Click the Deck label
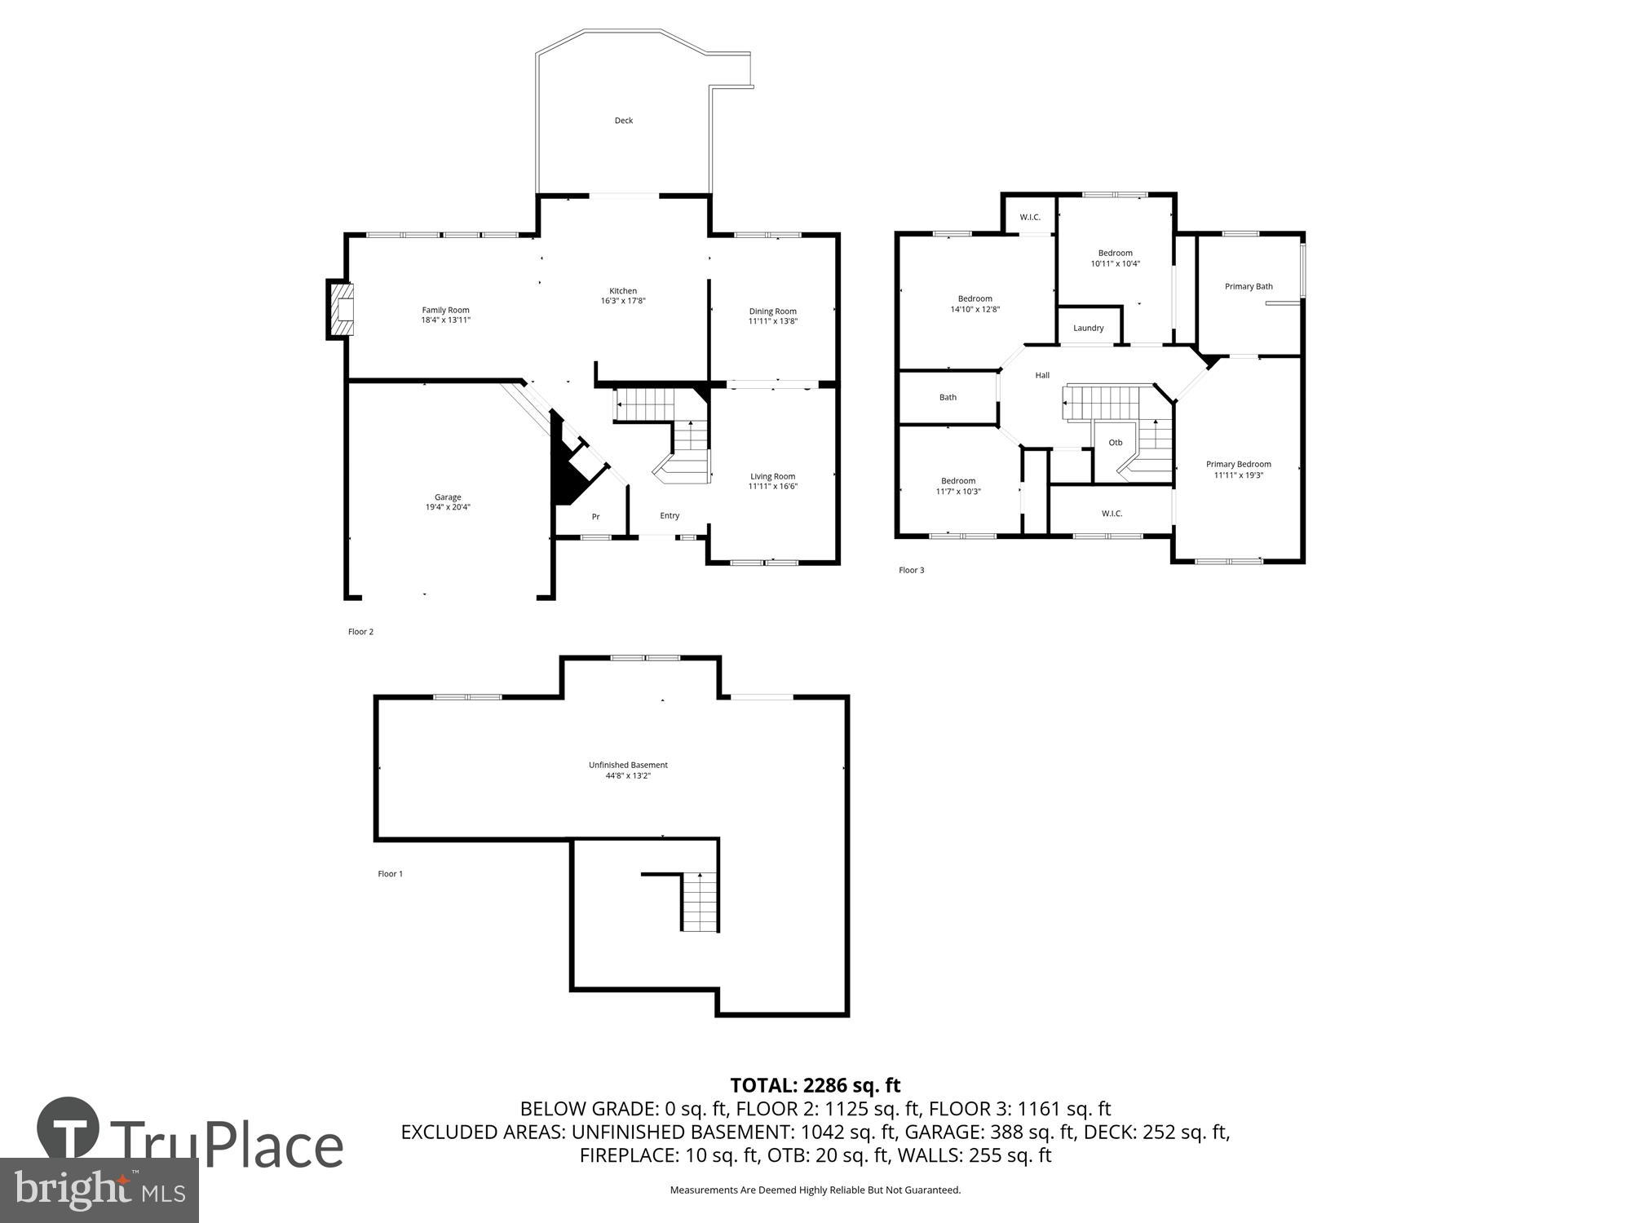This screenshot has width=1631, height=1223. (x=624, y=121)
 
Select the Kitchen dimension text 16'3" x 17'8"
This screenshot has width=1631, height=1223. (x=623, y=301)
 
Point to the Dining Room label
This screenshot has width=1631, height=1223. (x=772, y=311)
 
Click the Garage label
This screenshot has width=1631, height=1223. (x=448, y=497)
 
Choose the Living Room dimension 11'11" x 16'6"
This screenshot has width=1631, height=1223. (x=772, y=487)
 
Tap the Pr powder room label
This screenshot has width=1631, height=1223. (x=595, y=517)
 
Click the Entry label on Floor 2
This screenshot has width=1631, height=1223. (x=670, y=515)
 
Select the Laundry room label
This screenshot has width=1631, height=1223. (x=1088, y=328)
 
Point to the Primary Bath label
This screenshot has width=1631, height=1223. (x=1249, y=286)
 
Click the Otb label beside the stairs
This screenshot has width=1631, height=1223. (x=1115, y=443)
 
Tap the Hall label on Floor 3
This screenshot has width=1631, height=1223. (x=1042, y=375)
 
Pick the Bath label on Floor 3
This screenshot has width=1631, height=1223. (x=948, y=397)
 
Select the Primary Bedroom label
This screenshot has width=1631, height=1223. (x=1238, y=464)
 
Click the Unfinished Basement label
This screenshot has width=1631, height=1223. (x=628, y=765)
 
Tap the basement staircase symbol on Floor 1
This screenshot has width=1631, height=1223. (x=700, y=902)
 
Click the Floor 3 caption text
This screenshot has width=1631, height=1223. (x=911, y=570)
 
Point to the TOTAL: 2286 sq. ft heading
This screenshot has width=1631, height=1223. (x=815, y=1085)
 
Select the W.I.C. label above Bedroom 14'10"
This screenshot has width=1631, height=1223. (x=1029, y=217)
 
